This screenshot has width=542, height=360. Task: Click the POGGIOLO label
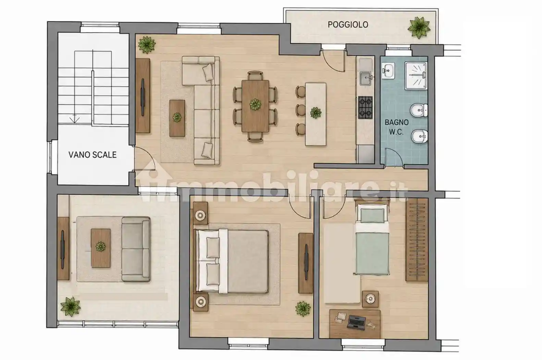[348, 24]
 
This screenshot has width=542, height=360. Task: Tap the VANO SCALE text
[93, 155]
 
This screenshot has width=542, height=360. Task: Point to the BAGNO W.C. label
[397, 127]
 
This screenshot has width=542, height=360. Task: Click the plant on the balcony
[419, 27]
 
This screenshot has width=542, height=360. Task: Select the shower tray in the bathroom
[416, 75]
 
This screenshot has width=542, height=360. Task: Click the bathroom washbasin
[388, 70]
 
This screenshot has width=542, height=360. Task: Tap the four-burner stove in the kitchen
[365, 108]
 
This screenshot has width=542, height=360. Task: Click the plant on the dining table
[256, 105]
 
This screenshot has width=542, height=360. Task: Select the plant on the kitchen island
[316, 112]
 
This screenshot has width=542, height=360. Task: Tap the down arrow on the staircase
[75, 119]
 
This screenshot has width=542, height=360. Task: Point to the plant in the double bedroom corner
[303, 309]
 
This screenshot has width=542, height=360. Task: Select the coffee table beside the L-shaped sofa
[177, 118]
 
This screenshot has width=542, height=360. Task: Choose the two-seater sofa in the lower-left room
[136, 249]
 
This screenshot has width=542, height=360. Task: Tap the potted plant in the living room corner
[147, 45]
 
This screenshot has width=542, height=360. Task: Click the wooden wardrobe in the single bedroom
[417, 240]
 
